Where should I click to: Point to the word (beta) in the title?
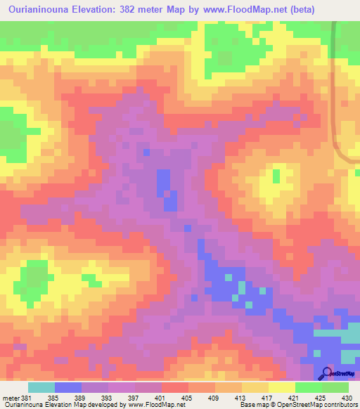(297, 10)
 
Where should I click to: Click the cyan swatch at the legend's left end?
(41, 387)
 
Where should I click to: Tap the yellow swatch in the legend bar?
(281, 387)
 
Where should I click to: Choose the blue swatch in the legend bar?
(68, 387)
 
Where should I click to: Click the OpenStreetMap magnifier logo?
(328, 373)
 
